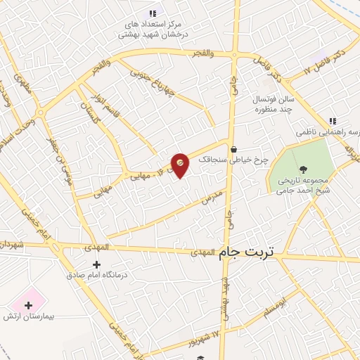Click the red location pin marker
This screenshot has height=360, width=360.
pyautogui.click(x=180, y=165)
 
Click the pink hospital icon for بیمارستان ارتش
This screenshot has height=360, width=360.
pyautogui.click(x=29, y=305)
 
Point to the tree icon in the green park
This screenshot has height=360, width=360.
pyautogui.click(x=303, y=169)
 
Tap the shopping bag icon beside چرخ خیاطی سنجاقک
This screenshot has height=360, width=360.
pyautogui.click(x=233, y=149)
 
